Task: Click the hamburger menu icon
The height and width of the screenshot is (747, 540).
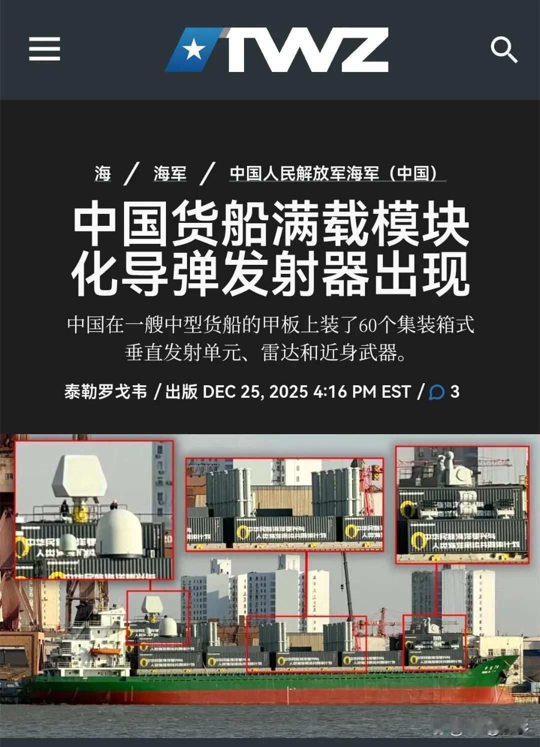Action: [x=44, y=49]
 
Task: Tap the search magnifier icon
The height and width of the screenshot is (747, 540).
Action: [x=503, y=49]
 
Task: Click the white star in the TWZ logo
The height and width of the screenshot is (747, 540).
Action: [x=192, y=50]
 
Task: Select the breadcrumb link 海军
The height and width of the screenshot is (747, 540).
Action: [x=169, y=173]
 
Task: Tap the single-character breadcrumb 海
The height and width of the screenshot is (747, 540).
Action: [x=102, y=173]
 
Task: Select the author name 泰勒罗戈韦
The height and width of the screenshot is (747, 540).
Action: [x=106, y=391]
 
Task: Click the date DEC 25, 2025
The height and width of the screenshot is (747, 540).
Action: [x=255, y=391]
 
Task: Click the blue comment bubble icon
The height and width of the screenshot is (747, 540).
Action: [x=436, y=392]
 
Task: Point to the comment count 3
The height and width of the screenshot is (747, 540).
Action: [x=454, y=391]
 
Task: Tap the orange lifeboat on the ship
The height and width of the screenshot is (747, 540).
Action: [x=104, y=651]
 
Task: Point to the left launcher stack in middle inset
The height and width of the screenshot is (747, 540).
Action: [x=229, y=492]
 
